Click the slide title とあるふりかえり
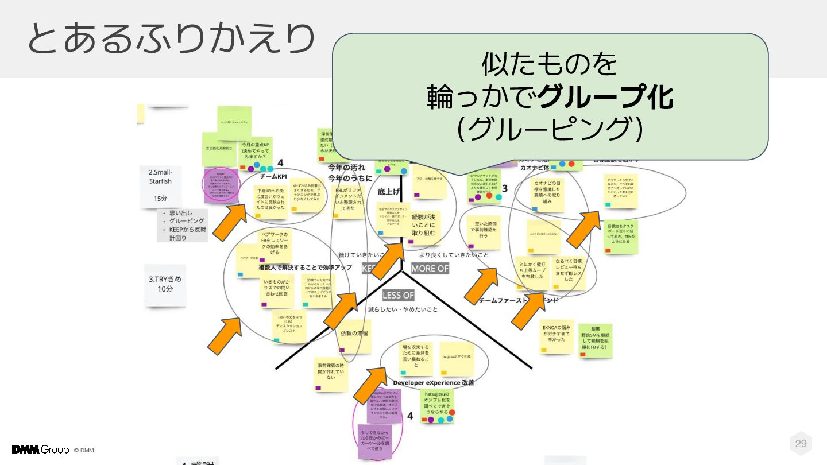tap(171, 39)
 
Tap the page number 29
tap(801, 443)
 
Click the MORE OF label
tap(430, 269)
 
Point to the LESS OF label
tap(398, 295)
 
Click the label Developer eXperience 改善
tap(433, 383)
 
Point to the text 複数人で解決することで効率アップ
tap(305, 267)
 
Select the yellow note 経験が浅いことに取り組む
tap(424, 225)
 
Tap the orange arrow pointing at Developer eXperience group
tap(370, 385)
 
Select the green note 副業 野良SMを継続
tap(595, 340)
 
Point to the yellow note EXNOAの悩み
tap(557, 336)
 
